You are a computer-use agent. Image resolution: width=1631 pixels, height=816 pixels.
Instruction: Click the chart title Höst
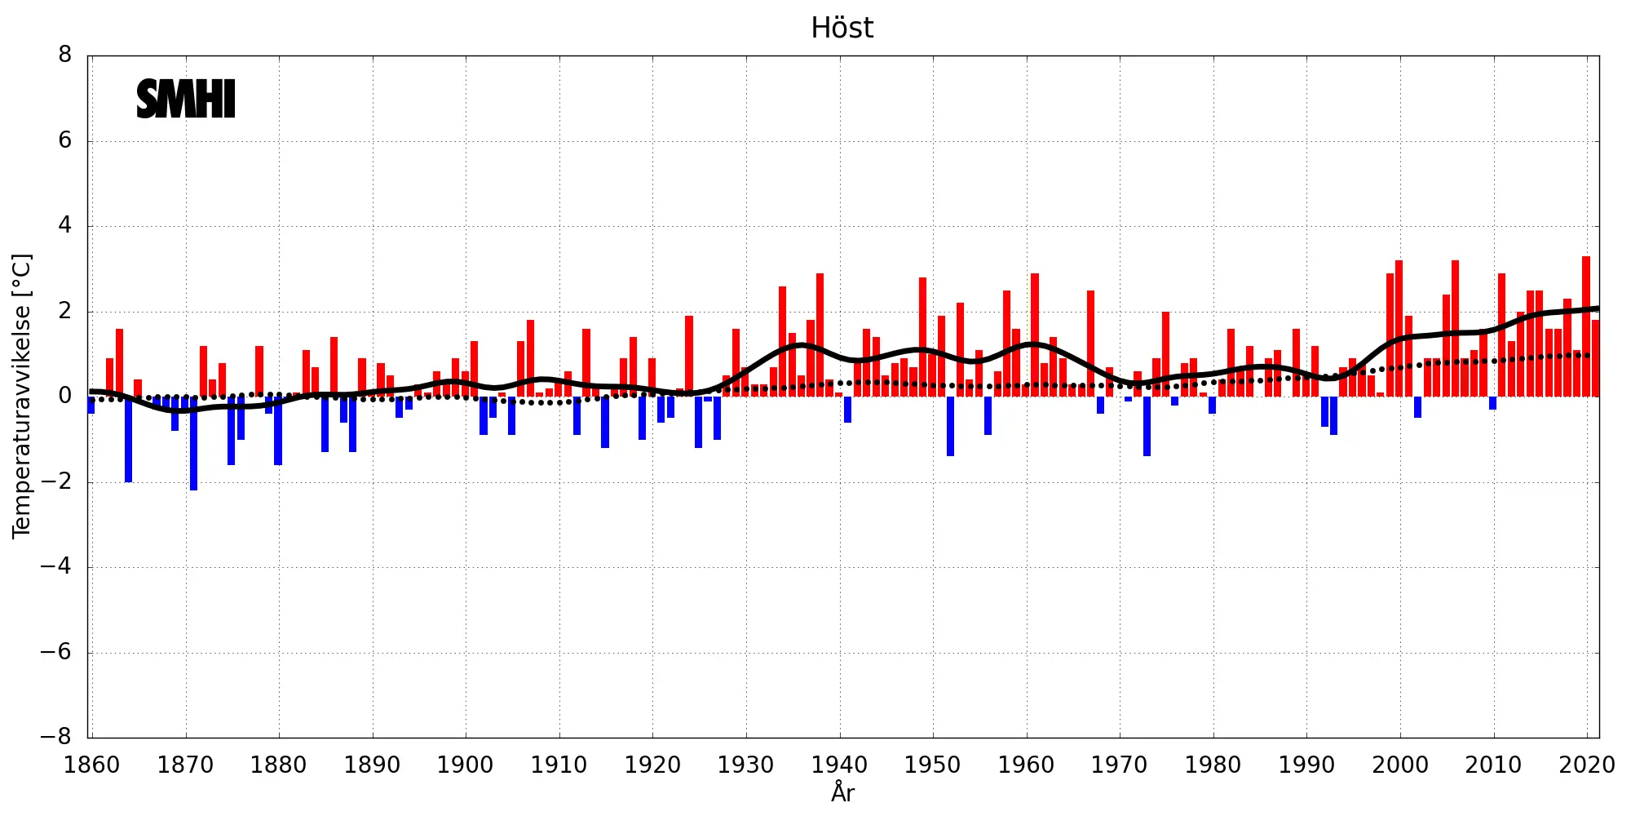tap(842, 29)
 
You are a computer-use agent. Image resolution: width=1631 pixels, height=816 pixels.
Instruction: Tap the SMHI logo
tap(186, 100)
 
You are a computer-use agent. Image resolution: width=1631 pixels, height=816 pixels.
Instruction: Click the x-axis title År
tap(842, 792)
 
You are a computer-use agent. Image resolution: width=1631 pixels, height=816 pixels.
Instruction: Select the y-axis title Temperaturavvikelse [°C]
tap(22, 396)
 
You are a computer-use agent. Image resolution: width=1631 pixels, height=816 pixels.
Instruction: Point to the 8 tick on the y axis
tap(65, 55)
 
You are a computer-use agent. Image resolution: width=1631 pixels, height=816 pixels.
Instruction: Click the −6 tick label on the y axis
tap(56, 652)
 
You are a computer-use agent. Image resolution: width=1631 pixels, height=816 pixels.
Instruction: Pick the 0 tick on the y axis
tap(65, 397)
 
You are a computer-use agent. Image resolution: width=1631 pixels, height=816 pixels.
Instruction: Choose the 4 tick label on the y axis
tap(65, 226)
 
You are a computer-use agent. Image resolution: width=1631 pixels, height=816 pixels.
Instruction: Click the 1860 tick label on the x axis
tap(91, 765)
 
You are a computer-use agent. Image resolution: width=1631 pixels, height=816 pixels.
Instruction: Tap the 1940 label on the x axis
tap(839, 765)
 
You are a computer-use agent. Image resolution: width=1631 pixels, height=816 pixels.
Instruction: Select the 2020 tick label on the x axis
tap(1586, 765)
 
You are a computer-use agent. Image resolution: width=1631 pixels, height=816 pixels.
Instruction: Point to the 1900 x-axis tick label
tap(465, 765)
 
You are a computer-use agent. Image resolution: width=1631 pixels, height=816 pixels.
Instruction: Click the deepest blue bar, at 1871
tap(194, 445)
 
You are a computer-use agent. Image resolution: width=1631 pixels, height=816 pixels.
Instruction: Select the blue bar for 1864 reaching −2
tap(129, 441)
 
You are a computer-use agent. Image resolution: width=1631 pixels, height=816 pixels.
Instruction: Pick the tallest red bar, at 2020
tap(1586, 326)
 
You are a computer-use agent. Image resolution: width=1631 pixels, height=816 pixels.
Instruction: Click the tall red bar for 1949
tap(923, 336)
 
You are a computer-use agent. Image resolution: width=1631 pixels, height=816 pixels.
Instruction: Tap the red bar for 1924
tap(689, 356)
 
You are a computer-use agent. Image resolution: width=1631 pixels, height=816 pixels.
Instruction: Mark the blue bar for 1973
tap(1147, 426)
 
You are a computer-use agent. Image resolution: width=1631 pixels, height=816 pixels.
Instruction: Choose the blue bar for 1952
tap(951, 426)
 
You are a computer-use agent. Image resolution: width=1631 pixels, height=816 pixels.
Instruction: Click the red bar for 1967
tap(1091, 343)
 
